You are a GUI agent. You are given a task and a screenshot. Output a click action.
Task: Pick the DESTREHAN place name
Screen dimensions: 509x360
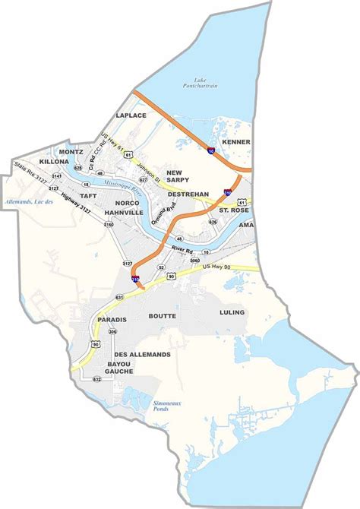click(x=188, y=194)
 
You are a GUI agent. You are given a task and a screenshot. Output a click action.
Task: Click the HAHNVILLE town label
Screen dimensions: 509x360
click(x=125, y=213)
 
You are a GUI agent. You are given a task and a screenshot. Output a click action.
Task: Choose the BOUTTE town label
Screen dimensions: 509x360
click(x=163, y=315)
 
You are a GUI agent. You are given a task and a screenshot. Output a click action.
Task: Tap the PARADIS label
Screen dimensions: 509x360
click(x=111, y=320)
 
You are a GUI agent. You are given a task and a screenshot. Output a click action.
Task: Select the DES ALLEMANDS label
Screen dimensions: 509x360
click(x=142, y=355)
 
